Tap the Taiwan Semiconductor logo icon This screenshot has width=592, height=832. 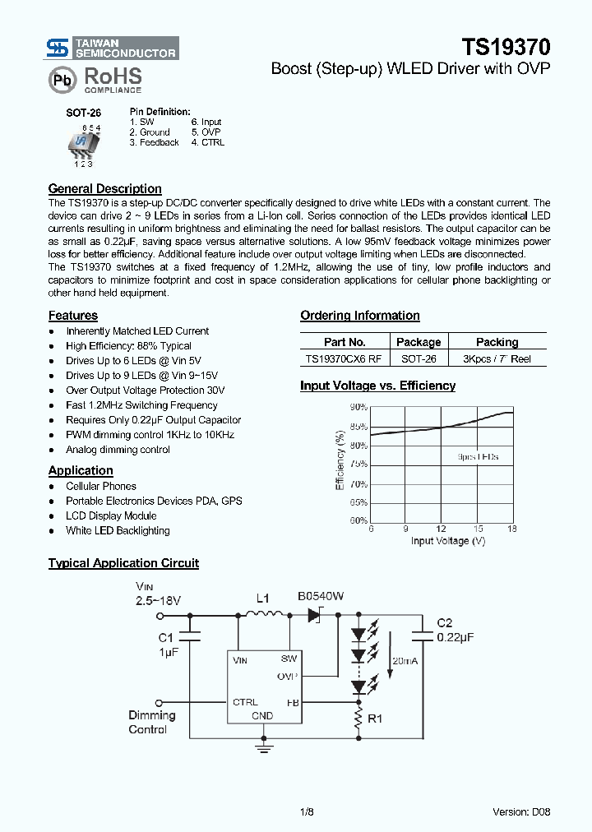(58, 49)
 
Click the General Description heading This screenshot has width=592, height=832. (104, 188)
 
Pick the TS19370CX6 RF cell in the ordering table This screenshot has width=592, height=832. (343, 359)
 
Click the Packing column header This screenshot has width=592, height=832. (497, 342)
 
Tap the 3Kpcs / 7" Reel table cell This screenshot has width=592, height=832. (497, 359)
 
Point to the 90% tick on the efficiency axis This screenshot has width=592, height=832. (358, 407)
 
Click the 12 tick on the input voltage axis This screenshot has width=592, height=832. (442, 529)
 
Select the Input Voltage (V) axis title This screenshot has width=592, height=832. (448, 540)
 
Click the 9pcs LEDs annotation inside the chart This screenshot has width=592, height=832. (478, 456)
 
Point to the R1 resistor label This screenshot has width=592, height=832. (375, 718)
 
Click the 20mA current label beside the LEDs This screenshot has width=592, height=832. (405, 660)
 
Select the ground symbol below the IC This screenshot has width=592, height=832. (263, 746)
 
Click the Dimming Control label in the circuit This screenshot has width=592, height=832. (147, 722)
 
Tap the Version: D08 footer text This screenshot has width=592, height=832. (521, 811)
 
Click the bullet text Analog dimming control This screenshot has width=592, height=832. (118, 450)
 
